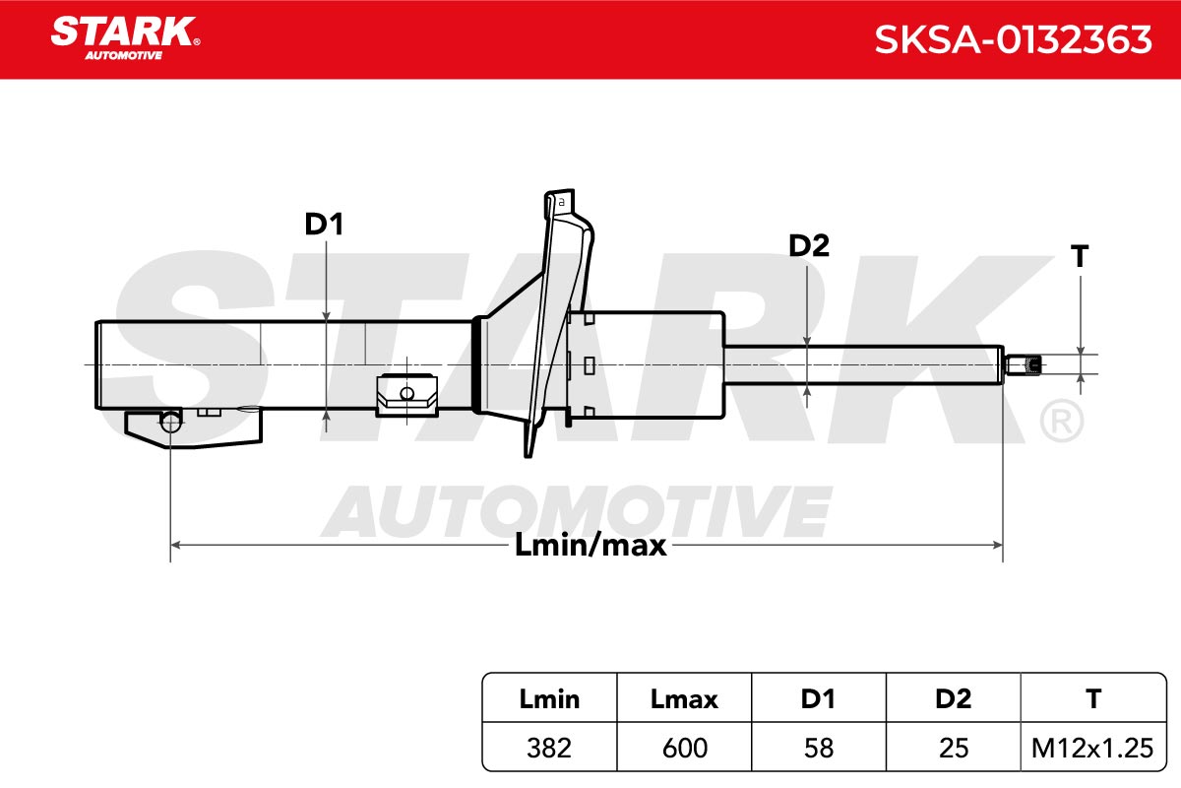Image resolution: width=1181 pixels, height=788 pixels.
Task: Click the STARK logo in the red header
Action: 125,38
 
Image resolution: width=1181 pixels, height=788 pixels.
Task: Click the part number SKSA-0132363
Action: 1013,39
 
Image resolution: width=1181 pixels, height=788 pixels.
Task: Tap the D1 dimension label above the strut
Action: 324,224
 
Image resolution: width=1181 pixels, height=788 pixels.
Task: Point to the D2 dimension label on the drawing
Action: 809,245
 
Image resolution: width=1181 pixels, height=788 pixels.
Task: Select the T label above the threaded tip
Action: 1080,256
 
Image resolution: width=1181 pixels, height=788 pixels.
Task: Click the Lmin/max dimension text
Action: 590,545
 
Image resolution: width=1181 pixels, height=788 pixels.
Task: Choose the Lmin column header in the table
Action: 549,698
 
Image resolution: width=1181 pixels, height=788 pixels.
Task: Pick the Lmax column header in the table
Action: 684,698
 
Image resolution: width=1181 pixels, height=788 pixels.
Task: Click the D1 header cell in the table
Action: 818,698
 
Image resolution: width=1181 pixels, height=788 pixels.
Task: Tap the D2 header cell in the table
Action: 954,698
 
